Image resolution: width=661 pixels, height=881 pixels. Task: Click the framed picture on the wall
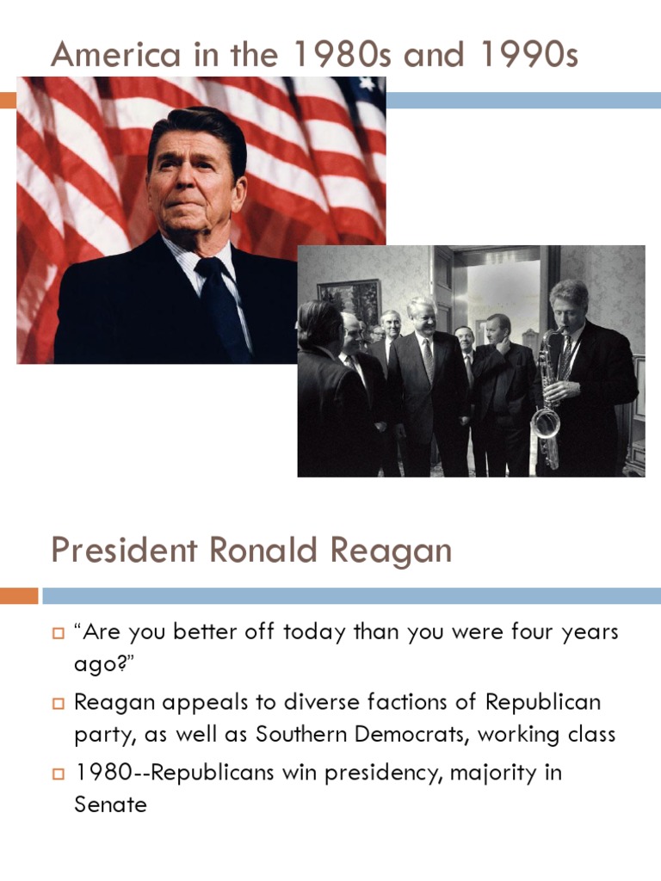click(349, 302)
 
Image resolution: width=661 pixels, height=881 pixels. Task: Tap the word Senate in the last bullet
click(111, 805)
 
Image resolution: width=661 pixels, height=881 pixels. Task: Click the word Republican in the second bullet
click(543, 702)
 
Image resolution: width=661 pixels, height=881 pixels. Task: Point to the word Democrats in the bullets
click(410, 735)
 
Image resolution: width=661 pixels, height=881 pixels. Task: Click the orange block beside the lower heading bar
click(19, 595)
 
